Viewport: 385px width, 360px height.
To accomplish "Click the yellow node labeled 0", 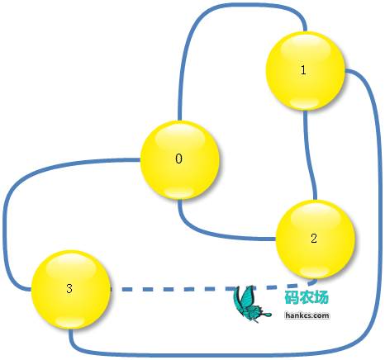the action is (x=180, y=159).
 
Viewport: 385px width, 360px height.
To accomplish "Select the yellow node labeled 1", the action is (x=305, y=71).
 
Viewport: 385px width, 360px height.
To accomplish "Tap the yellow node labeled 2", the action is (x=316, y=239).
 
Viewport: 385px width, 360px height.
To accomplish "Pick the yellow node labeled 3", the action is (x=70, y=289).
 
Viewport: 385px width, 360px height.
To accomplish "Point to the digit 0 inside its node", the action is (x=178, y=159).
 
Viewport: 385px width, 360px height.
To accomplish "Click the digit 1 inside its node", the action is (x=303, y=70).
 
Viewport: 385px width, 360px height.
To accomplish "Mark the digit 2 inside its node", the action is (x=314, y=238).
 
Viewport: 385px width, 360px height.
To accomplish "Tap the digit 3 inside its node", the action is (x=69, y=288).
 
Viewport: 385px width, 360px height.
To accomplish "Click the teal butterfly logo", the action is (x=250, y=304).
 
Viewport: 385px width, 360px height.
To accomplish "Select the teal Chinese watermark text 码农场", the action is (x=307, y=297).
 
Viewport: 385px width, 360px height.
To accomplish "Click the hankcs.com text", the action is (x=307, y=315).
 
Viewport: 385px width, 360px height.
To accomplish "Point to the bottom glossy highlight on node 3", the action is (x=70, y=321).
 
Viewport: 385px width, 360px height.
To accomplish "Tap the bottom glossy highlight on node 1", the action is (x=305, y=102).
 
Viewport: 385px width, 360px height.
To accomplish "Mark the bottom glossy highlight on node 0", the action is (x=179, y=192).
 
